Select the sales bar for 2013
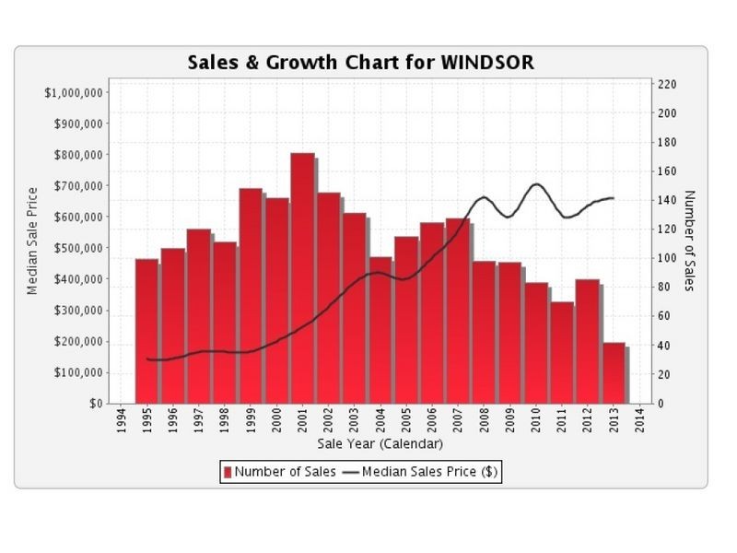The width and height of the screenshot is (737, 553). point(614,373)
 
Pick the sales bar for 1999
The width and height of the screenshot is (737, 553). point(252,296)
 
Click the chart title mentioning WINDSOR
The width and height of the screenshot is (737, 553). point(360,63)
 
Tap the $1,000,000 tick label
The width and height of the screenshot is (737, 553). point(73,92)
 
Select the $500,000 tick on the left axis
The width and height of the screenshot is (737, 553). point(76,248)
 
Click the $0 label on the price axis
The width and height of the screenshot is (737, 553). point(93,404)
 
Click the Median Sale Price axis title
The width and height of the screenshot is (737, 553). point(32,240)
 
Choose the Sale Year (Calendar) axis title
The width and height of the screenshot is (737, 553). point(380,444)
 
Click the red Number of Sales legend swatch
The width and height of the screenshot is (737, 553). point(228,473)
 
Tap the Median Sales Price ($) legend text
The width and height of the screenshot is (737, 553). point(430,473)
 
